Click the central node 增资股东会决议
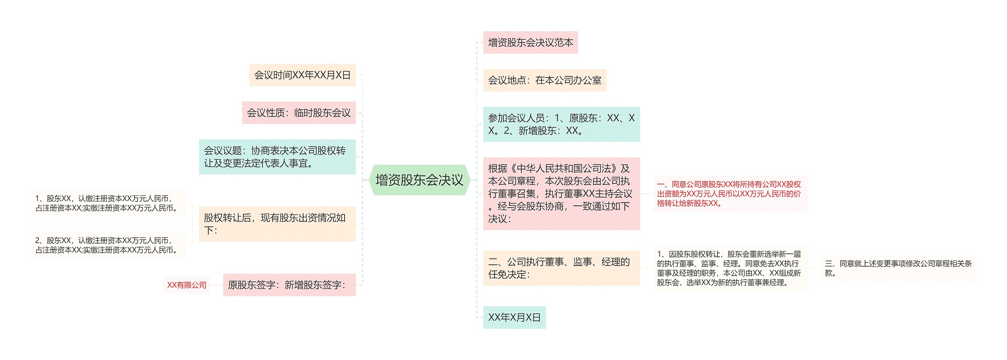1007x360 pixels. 419,180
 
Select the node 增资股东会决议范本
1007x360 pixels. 530,42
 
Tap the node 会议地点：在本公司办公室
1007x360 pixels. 544,80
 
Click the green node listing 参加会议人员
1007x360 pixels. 561,124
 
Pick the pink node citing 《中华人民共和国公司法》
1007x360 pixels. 561,194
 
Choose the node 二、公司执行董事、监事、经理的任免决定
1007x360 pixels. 561,268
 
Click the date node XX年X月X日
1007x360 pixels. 514,318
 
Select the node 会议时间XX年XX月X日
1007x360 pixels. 302,75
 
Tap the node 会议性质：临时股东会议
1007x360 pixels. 299,113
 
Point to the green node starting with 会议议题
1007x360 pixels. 277,157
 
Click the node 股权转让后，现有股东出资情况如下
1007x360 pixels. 277,224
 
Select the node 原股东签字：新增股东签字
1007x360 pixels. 289,285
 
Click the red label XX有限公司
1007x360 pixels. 187,285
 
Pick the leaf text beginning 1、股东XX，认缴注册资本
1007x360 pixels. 107,203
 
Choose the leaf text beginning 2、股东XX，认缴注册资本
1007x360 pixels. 107,245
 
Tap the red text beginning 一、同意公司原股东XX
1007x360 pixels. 729,194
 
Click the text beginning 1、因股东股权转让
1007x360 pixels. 729,268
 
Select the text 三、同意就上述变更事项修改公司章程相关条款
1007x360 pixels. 898,268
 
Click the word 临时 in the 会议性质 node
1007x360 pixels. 303,113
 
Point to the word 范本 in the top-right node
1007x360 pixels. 564,42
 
